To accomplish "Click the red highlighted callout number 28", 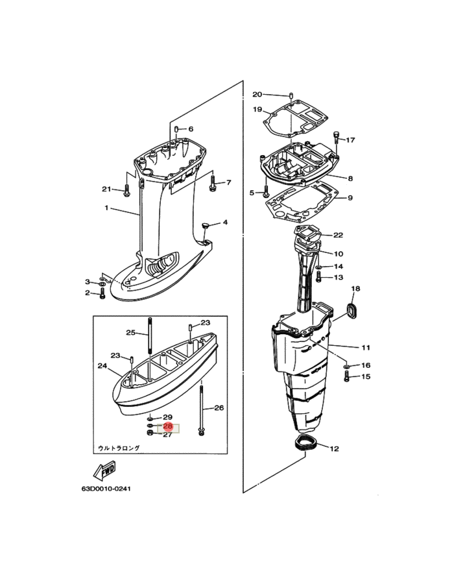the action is click(168, 426).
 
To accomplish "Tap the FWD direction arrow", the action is click(104, 470).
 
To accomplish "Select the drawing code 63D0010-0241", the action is click(106, 489).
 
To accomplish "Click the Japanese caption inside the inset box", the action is click(119, 448).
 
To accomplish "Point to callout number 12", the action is click(334, 448).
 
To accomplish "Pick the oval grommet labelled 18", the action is click(352, 311).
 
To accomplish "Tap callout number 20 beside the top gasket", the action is click(257, 94).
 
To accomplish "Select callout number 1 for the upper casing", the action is click(106, 208).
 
